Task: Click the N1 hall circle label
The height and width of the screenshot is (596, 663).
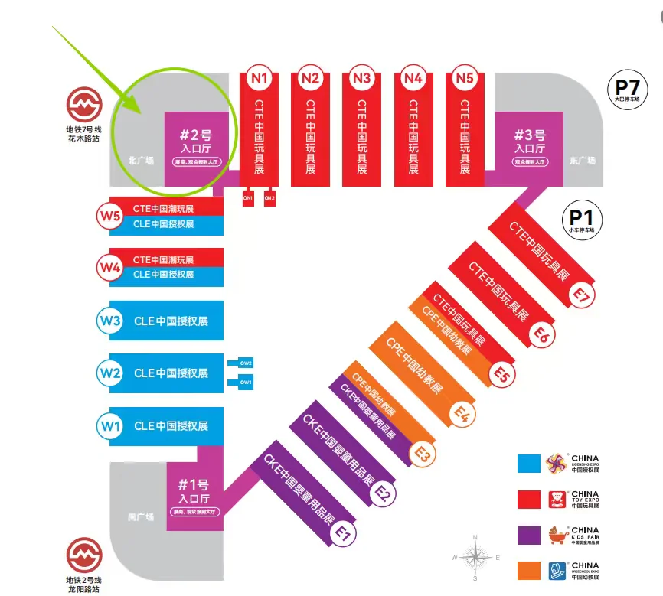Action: click(x=259, y=77)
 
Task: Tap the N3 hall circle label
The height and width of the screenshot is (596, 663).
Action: click(x=362, y=77)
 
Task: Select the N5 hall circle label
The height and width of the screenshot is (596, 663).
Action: click(x=465, y=77)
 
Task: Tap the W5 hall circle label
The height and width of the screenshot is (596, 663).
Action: click(x=110, y=217)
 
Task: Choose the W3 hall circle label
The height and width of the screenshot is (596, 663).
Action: click(x=110, y=321)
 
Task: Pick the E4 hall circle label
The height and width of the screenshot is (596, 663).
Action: click(x=462, y=414)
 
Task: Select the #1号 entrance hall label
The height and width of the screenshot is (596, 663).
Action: click(x=194, y=490)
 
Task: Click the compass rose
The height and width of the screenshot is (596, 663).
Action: click(x=475, y=555)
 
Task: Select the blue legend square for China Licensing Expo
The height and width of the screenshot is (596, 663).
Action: click(x=529, y=464)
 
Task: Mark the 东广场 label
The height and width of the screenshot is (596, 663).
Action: click(x=583, y=161)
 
